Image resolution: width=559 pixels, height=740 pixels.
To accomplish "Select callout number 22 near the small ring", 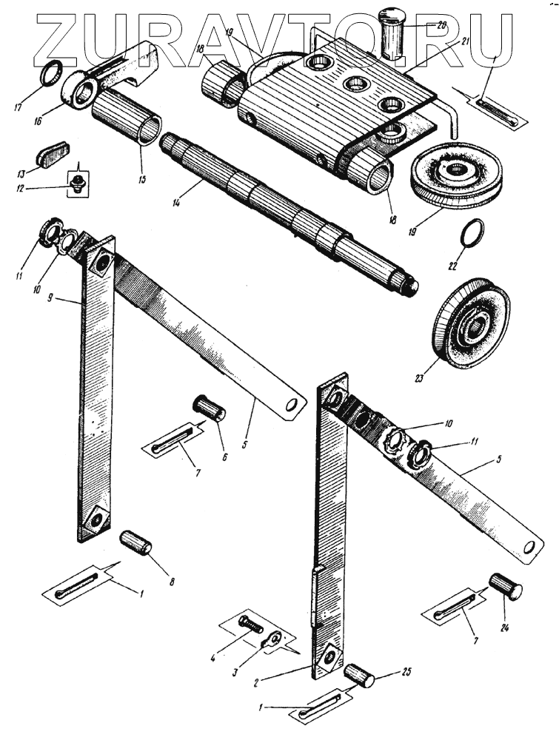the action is pyautogui.click(x=452, y=264).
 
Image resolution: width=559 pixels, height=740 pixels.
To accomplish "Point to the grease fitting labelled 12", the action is pyautogui.click(x=76, y=181).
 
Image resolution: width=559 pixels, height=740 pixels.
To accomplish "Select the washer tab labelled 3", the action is pyautogui.click(x=273, y=639).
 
